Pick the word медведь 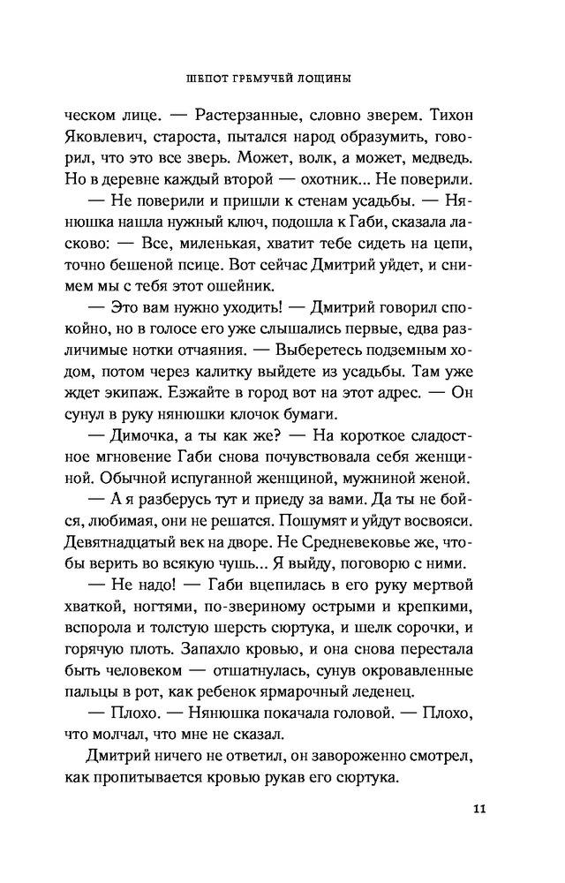[440, 161]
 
